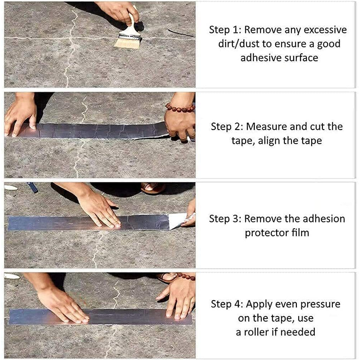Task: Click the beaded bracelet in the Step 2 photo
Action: coord(180,108)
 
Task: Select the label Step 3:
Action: coord(225,218)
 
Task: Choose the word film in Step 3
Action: coord(300,233)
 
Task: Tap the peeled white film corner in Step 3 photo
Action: coord(177,221)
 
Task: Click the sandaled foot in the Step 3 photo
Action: coord(153,188)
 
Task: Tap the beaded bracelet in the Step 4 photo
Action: coord(185,276)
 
